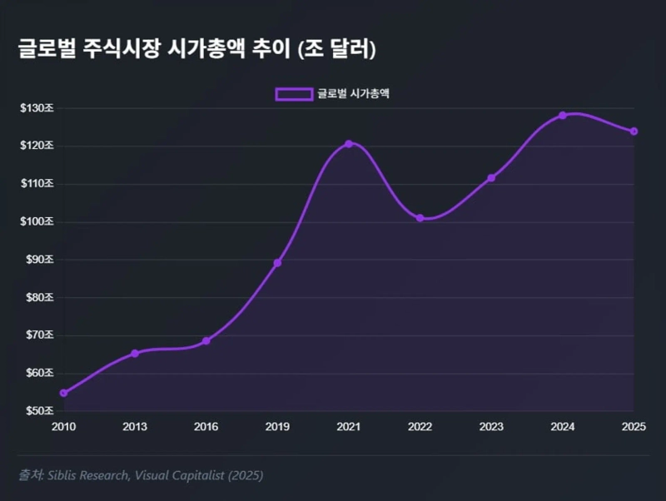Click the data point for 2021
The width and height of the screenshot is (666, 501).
tap(349, 144)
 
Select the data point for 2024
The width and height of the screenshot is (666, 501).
tap(563, 115)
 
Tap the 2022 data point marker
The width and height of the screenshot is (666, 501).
tap(420, 218)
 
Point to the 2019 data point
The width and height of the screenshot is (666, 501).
tap(277, 263)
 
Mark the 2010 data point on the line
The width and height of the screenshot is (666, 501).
tap(63, 393)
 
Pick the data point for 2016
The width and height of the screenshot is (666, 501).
tap(206, 341)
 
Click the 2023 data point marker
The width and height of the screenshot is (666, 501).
tap(491, 178)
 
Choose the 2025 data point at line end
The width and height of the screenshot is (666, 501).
tap(634, 131)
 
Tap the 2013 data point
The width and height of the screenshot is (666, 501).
tap(135, 354)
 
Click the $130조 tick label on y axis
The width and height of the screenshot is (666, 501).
tap(37, 108)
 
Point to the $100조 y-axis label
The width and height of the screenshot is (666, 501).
tap(37, 222)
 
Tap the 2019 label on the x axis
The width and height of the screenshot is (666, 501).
tap(277, 427)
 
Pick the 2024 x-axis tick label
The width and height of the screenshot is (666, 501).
tap(563, 427)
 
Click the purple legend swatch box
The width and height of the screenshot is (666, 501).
tap(294, 94)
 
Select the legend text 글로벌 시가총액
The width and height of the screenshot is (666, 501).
tap(354, 94)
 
